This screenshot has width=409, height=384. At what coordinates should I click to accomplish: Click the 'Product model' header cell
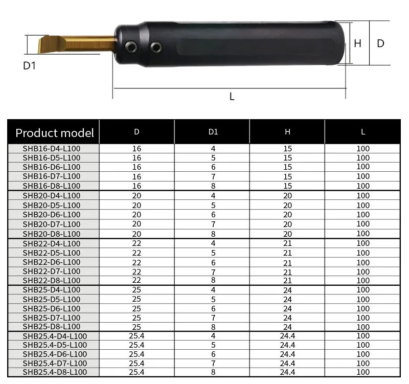(55, 133)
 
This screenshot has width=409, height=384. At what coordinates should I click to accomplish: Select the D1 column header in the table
(213, 131)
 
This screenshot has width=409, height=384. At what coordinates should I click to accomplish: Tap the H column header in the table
(288, 131)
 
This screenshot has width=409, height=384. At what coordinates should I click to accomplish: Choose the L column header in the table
(363, 131)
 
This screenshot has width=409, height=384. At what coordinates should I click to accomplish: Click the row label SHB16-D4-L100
(52, 149)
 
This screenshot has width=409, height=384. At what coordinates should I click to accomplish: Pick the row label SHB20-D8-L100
(52, 234)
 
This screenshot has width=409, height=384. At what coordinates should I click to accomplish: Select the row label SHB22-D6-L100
(52, 262)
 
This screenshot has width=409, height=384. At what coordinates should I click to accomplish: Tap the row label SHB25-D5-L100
(52, 299)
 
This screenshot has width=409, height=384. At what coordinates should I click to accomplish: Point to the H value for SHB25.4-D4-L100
(288, 336)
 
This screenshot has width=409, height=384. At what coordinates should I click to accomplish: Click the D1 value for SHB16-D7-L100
(213, 176)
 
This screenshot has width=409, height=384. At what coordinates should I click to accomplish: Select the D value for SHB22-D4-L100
(137, 243)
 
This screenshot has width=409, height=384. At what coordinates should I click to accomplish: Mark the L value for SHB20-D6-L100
(363, 215)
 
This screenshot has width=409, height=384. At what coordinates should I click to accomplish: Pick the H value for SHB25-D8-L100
(288, 327)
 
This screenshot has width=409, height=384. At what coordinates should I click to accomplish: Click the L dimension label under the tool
(232, 96)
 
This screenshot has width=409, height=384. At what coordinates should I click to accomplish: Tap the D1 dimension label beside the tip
(30, 65)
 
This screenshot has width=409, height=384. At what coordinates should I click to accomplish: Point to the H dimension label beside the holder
(357, 43)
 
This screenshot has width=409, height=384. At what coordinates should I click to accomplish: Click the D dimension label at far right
(380, 43)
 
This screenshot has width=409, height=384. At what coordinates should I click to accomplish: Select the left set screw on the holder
(132, 47)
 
